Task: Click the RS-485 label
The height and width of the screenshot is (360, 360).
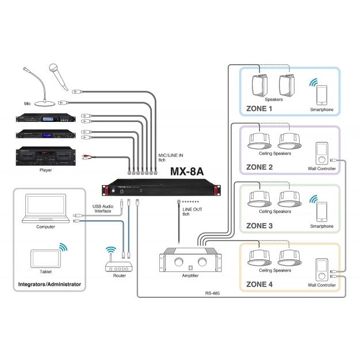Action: coord(213,293)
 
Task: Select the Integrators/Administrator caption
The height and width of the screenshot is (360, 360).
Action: coord(49,284)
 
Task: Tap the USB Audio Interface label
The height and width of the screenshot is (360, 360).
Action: coord(103,208)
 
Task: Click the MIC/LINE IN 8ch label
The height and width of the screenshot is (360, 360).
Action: coord(171,158)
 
